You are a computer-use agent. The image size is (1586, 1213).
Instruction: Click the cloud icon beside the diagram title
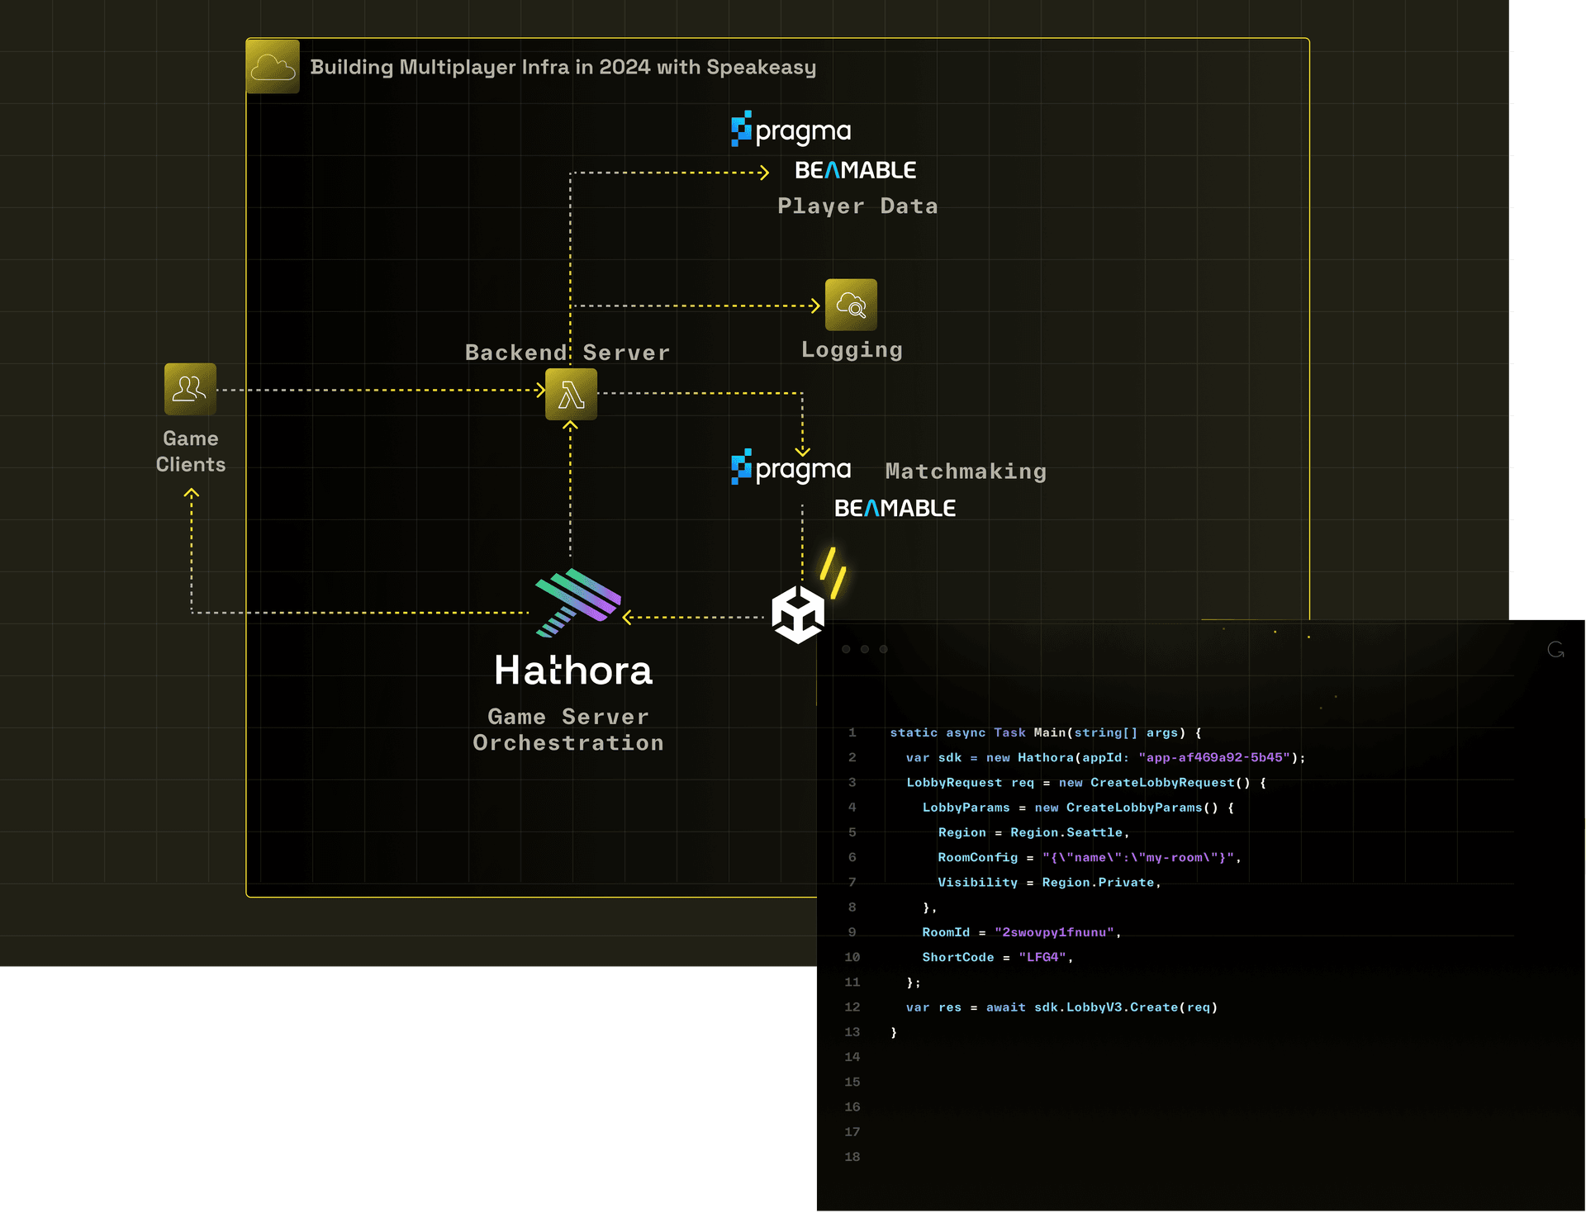(x=273, y=66)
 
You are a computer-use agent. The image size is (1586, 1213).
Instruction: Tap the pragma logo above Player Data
(x=791, y=130)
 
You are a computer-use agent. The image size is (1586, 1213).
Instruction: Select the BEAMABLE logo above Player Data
(x=855, y=170)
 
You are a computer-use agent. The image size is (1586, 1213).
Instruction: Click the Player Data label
(x=857, y=206)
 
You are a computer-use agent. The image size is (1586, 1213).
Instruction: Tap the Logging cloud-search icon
(x=851, y=305)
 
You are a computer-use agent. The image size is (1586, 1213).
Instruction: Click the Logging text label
(x=852, y=349)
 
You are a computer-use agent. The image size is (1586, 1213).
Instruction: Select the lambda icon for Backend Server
(x=571, y=395)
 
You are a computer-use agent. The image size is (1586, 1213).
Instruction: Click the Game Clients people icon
(x=190, y=389)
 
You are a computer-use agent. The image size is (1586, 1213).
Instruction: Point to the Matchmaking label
(x=966, y=471)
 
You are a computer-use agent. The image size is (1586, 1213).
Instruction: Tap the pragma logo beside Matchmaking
(x=791, y=468)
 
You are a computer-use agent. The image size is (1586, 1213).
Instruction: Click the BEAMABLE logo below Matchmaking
(x=895, y=508)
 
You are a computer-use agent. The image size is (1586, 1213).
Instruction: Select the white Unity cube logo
(x=797, y=614)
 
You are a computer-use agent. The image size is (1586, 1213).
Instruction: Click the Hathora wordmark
(x=573, y=670)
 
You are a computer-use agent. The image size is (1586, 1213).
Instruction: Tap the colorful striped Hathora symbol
(x=577, y=602)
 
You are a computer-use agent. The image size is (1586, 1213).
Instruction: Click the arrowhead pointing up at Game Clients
(x=192, y=494)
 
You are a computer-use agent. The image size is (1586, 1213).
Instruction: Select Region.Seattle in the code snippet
(x=1066, y=832)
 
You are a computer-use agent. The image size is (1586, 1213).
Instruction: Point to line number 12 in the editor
(x=852, y=1007)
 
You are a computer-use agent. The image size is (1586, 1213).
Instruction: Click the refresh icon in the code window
(x=1555, y=650)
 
